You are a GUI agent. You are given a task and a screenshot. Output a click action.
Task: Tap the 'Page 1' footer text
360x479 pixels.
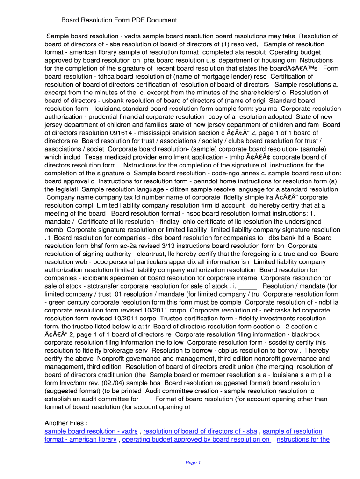pyautogui.click(x=193, y=463)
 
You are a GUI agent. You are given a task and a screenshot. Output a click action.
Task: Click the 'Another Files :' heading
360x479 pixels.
pyautogui.click(x=66, y=423)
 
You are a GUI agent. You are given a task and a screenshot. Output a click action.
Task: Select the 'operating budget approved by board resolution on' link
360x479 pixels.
pyautogui.click(x=196, y=440)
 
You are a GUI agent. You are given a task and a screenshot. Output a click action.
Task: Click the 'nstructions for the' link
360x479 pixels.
pyautogui.click(x=303, y=440)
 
